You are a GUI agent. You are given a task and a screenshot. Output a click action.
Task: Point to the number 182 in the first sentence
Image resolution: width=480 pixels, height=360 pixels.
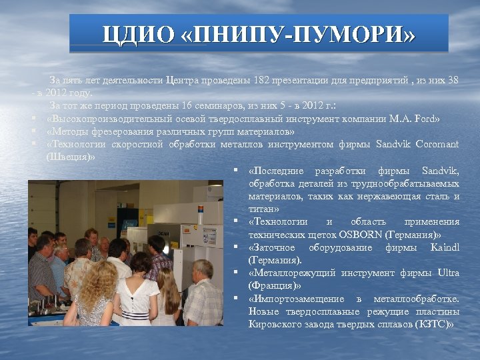point(261,81)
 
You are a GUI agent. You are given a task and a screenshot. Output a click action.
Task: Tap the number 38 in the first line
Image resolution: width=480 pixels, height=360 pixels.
point(452,81)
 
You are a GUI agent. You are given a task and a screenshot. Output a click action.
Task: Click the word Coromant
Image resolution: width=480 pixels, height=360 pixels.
point(437,144)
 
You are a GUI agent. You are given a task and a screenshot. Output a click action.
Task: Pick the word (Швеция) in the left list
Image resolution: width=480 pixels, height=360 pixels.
point(70,157)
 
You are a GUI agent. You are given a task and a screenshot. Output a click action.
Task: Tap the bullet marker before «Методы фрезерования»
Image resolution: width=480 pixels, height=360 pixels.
point(33,131)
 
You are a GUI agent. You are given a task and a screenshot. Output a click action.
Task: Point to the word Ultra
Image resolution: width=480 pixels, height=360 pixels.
point(448,273)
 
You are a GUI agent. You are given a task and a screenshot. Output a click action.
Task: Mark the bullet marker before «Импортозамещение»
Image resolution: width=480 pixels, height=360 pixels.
point(237,298)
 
